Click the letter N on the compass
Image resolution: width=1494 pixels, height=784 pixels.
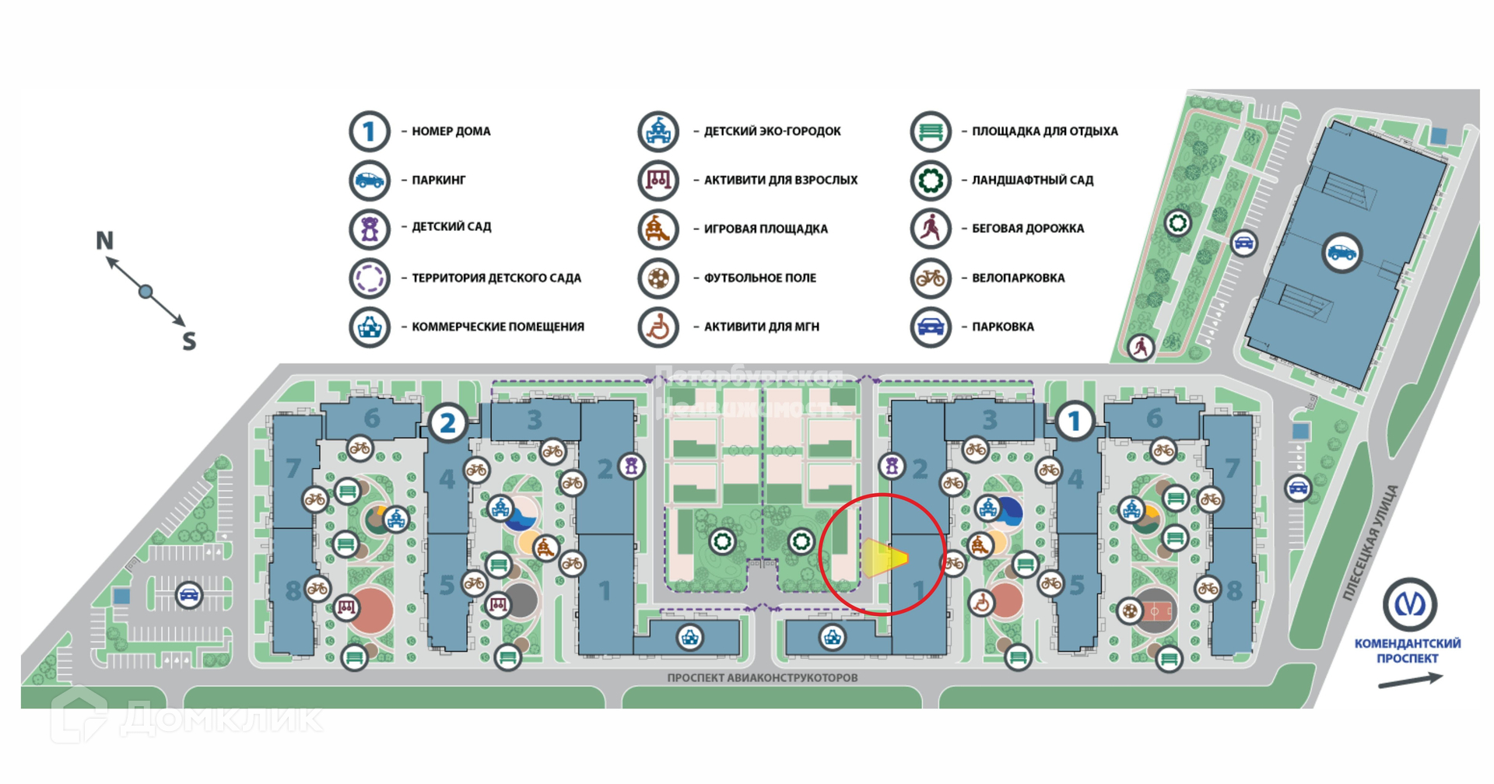(x=105, y=241)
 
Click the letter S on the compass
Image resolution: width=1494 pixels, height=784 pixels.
(x=189, y=341)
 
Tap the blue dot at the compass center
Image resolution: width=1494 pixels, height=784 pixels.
(x=146, y=292)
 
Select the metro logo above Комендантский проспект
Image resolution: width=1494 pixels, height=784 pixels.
(x=1409, y=604)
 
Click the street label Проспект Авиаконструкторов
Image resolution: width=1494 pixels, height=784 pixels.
(x=762, y=678)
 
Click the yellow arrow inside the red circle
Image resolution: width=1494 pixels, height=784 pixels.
(x=884, y=558)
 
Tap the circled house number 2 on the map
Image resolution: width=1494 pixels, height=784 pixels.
(x=447, y=423)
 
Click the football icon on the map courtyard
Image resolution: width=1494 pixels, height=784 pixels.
(x=1129, y=611)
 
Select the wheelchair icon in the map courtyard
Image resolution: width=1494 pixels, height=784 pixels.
(x=982, y=603)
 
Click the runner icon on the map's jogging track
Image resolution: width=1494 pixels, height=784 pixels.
(x=1141, y=347)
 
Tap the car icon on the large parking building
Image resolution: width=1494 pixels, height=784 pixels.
(x=1341, y=253)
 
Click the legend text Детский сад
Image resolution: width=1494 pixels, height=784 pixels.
(x=451, y=227)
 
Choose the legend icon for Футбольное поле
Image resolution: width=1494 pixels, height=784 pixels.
(x=658, y=278)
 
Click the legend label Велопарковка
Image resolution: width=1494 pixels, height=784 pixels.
(x=1018, y=278)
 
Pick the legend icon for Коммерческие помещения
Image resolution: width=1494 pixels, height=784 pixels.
(x=369, y=327)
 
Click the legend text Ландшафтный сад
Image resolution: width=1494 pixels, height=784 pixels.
(x=1032, y=180)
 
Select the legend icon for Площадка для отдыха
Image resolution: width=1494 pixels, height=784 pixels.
(x=930, y=131)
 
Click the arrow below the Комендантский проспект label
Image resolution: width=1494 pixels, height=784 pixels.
(x=1409, y=681)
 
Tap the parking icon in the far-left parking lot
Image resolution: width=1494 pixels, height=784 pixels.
(x=189, y=596)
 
